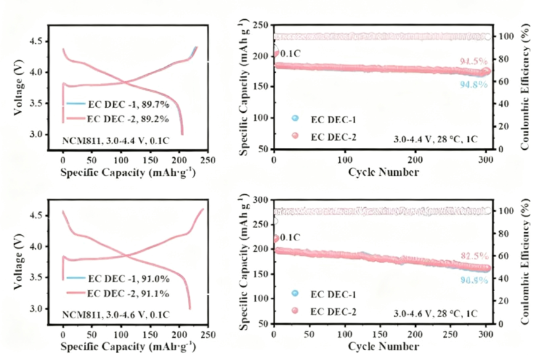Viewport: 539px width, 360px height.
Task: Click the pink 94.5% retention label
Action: click(474, 62)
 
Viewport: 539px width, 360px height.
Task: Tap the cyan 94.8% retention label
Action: click(474, 84)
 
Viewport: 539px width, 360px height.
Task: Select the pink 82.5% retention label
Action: click(474, 256)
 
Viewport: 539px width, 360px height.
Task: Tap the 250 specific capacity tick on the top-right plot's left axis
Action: click(259, 25)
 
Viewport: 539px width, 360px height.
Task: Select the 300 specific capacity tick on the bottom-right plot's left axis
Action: click(259, 200)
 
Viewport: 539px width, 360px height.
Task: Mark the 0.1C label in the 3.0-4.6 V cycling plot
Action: click(291, 238)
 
